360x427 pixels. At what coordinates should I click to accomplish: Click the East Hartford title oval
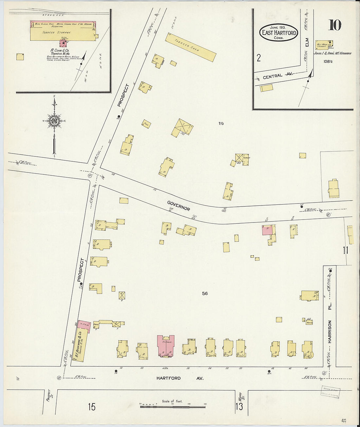(279, 32)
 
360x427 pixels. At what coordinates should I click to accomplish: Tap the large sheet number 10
(334, 25)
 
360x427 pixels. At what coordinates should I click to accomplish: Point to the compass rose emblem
(54, 121)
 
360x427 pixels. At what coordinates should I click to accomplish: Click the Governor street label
(178, 206)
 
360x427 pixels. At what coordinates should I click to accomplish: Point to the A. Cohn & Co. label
(60, 51)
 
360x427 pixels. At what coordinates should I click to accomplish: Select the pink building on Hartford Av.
(166, 345)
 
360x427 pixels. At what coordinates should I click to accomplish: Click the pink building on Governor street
(267, 230)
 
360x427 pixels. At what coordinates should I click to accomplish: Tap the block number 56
(205, 294)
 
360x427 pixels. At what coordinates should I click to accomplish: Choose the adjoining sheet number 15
(92, 407)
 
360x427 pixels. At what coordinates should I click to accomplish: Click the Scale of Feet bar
(172, 407)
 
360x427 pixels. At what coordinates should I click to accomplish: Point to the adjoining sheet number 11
(345, 251)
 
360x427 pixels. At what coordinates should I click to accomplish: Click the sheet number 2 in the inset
(259, 58)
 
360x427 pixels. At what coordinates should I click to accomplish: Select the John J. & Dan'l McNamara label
(332, 53)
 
